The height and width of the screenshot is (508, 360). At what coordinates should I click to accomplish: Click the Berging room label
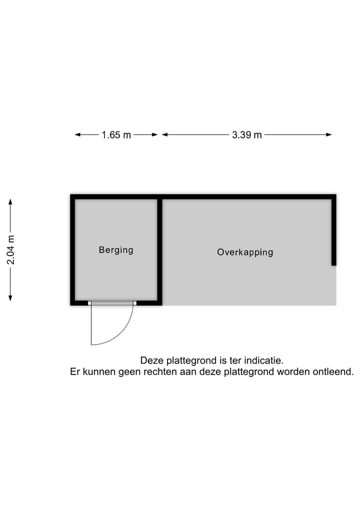(x=116, y=250)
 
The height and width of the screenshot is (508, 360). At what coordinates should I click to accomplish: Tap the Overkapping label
(x=245, y=252)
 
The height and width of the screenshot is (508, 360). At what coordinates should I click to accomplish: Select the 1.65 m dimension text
(x=116, y=135)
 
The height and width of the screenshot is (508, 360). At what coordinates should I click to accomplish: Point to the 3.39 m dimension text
(x=247, y=135)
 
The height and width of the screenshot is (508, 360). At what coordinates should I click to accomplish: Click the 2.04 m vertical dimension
(x=10, y=250)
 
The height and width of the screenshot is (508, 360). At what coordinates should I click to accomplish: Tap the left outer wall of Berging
(x=72, y=250)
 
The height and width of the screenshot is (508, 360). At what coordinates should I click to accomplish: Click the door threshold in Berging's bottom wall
(x=112, y=303)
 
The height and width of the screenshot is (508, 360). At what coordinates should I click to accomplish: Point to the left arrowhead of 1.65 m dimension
(x=77, y=135)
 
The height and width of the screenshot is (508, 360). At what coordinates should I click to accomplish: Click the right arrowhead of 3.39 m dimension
(x=329, y=135)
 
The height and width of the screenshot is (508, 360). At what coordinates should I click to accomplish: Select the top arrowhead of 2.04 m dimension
(x=10, y=201)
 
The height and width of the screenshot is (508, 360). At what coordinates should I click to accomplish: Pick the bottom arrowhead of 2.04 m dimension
(x=10, y=298)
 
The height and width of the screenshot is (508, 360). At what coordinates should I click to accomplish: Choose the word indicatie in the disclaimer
(x=263, y=361)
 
